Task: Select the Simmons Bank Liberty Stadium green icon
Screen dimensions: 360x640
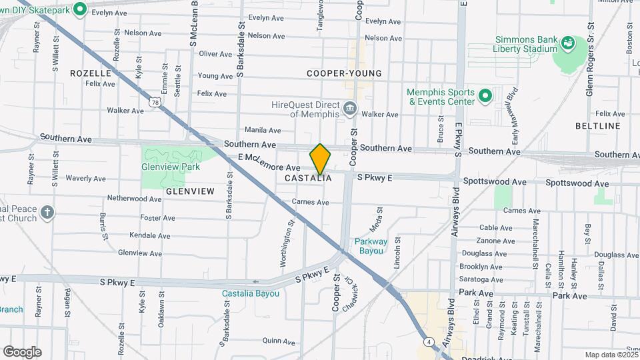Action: point(568,44)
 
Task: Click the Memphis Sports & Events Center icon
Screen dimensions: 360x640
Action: point(486,97)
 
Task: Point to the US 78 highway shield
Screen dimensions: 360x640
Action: point(155,101)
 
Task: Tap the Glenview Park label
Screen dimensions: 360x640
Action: point(170,167)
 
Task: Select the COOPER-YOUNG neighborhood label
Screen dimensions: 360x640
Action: point(344,73)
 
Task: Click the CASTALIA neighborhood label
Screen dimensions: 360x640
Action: point(308,179)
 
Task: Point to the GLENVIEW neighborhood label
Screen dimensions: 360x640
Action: point(191,191)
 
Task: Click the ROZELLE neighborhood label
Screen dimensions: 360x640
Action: point(90,73)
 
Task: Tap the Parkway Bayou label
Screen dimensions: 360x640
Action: point(371,246)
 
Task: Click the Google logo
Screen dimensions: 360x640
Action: point(22,352)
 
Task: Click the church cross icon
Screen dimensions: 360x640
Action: point(47,213)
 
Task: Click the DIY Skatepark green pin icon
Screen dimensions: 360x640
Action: point(81,9)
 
